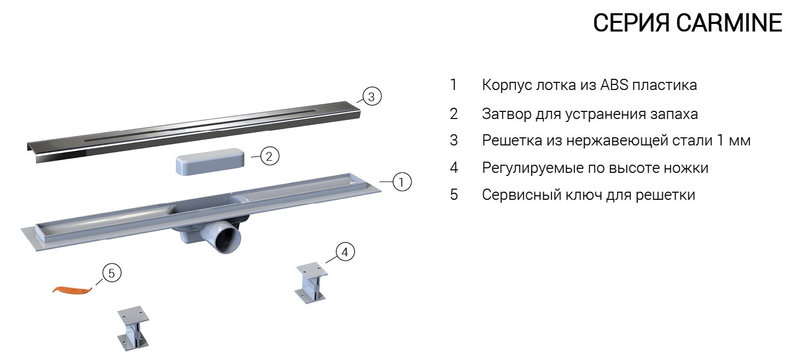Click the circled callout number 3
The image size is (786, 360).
[371, 97]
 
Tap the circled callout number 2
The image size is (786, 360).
[270, 156]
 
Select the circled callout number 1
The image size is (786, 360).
[401, 182]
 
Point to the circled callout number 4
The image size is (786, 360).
[345, 252]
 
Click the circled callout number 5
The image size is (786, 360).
[111, 273]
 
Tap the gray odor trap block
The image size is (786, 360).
[210, 161]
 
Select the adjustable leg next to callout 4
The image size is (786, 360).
[311, 282]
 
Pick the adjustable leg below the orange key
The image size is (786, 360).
[133, 328]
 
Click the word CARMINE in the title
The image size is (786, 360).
[729, 23]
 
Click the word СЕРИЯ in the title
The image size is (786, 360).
[631, 23]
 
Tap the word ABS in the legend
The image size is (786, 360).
[614, 85]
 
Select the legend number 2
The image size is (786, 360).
[454, 114]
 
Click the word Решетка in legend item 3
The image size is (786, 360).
[512, 141]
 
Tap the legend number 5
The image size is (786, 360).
[454, 195]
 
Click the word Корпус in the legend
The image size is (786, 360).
[507, 85]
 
